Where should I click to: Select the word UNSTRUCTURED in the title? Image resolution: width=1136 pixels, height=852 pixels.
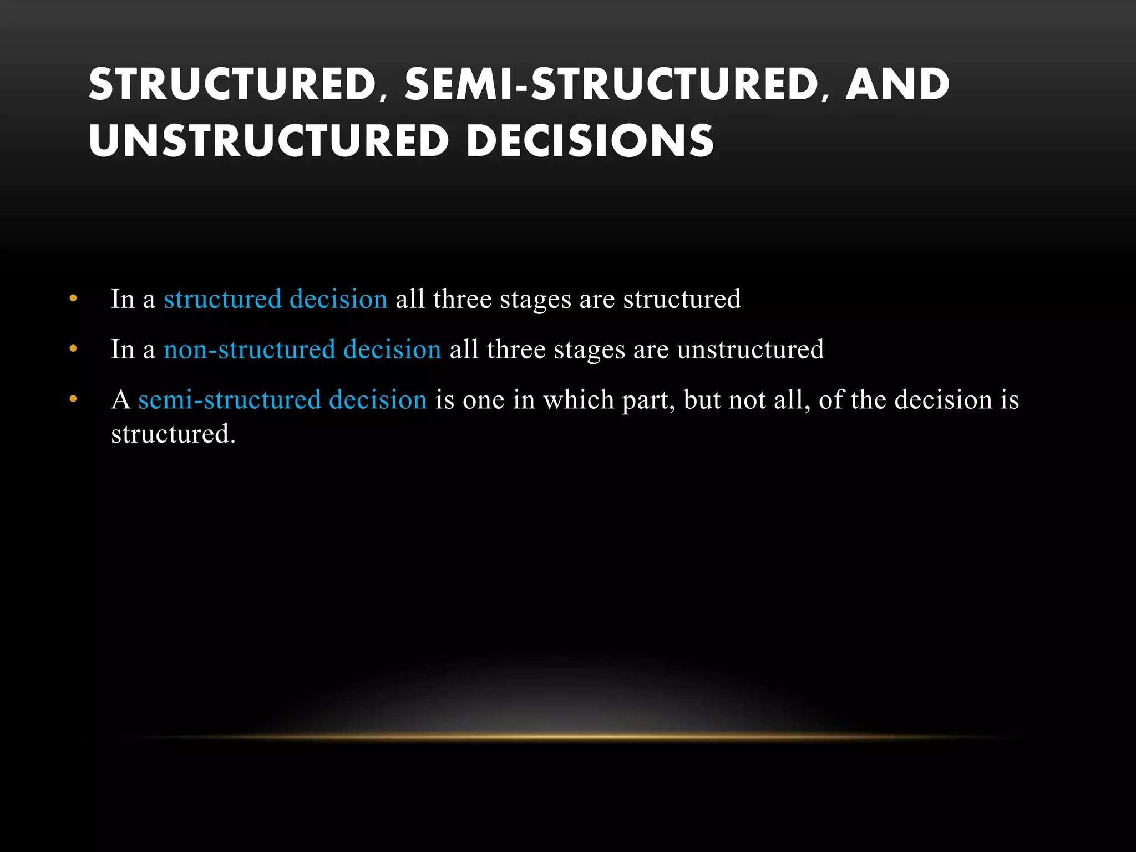(268, 141)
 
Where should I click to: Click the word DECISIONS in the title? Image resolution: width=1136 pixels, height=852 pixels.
(590, 141)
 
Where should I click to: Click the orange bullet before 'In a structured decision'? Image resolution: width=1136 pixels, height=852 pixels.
(73, 299)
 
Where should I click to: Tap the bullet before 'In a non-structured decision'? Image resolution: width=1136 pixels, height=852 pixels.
(73, 349)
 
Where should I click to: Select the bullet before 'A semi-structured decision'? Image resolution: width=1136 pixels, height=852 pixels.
(73, 399)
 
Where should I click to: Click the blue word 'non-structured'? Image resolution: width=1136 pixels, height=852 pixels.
(250, 350)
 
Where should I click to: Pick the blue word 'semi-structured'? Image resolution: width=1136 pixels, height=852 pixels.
(230, 400)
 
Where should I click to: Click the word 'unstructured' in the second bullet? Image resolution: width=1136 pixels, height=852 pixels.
(750, 350)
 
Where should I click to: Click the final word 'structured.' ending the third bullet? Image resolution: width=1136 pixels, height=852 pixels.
(173, 434)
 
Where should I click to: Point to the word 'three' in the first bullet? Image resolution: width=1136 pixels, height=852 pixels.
(462, 300)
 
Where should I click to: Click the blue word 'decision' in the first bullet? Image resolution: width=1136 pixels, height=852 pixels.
(338, 300)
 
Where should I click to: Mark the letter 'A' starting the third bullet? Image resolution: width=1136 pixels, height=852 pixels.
(121, 400)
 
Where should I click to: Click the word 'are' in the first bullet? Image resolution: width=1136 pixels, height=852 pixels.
(597, 300)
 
